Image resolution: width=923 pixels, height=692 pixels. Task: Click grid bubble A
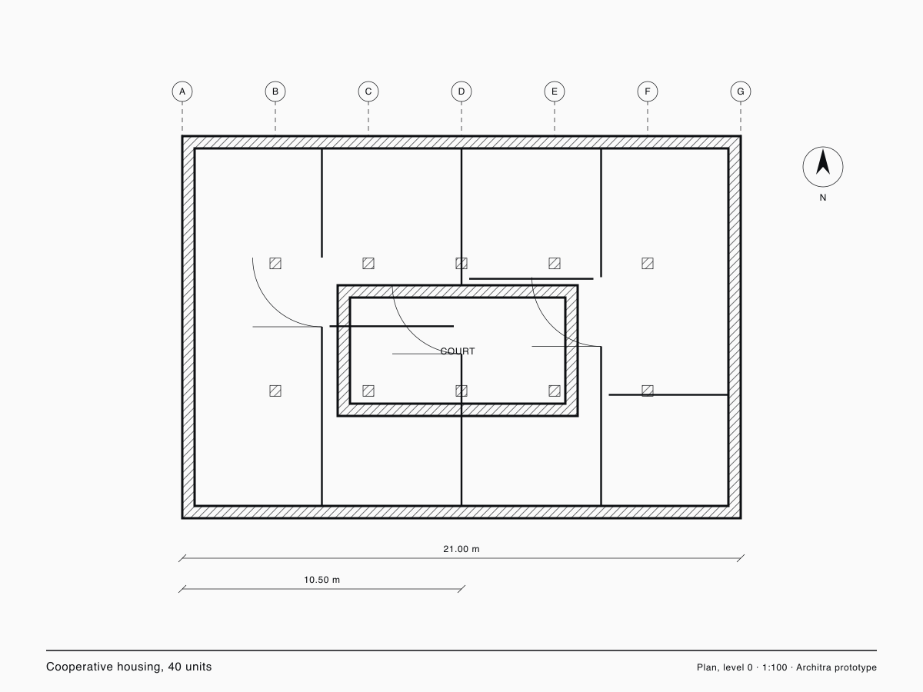coord(182,91)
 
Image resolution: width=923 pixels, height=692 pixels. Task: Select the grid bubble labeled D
coord(461,91)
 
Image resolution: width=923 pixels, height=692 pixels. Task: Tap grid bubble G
coord(741,91)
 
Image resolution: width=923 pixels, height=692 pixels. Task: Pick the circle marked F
coord(648,91)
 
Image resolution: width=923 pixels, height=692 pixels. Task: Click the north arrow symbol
coord(823,167)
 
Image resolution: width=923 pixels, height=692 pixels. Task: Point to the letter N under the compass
coord(823,198)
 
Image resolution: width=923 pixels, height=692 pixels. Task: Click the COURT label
coord(458,351)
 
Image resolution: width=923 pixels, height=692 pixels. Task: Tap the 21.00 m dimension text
coord(461,549)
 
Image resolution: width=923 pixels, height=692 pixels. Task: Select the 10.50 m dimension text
coord(322,580)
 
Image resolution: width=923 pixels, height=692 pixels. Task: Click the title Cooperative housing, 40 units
coord(128,667)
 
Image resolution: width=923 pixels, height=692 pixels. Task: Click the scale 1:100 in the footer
coord(775,667)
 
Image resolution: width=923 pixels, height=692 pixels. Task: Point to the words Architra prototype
coord(836,667)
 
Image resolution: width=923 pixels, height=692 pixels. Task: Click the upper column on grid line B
coord(275,264)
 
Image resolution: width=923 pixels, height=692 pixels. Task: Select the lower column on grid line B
coord(275,391)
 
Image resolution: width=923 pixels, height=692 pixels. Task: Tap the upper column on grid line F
coord(648,264)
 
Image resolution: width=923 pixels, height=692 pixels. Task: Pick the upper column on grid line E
coord(555,264)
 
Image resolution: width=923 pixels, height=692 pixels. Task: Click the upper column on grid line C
coord(368,264)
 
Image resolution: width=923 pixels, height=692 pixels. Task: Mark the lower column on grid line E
coord(555,391)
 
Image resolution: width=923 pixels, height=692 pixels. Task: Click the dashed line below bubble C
coord(368,116)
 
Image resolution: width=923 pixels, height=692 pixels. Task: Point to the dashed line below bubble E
coord(555,116)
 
